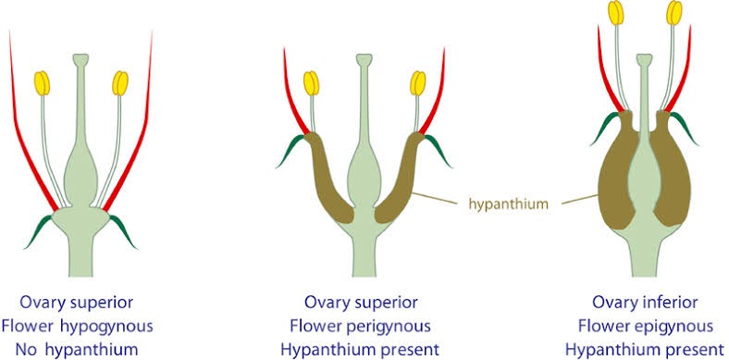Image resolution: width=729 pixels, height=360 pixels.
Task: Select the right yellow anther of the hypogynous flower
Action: (120, 83)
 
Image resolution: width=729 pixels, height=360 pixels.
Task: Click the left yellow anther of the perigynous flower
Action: (312, 82)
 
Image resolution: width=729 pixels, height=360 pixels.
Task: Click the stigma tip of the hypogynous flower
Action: (81, 59)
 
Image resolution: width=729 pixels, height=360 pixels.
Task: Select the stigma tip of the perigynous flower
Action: (364, 59)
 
